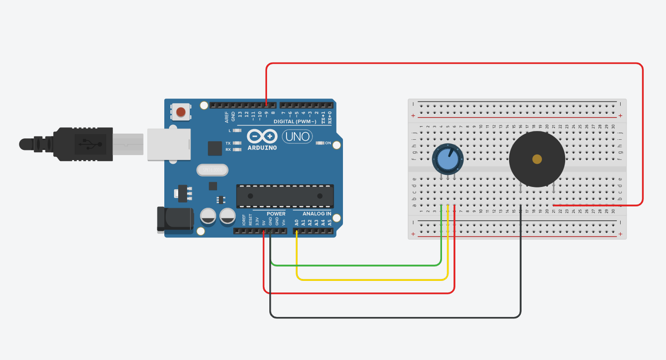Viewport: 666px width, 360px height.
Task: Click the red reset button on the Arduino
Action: (181, 112)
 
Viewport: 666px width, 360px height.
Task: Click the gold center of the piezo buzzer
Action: (537, 159)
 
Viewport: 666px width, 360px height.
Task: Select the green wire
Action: (352, 266)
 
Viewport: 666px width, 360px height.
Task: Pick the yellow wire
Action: (370, 279)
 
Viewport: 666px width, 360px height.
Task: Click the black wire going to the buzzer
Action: (393, 317)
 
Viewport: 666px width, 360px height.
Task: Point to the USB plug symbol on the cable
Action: (90, 143)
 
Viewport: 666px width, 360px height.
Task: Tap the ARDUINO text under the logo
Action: (262, 148)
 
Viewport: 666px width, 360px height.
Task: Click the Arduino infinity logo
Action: (262, 137)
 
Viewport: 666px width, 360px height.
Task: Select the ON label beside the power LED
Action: (328, 143)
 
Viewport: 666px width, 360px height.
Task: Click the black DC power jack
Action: (175, 219)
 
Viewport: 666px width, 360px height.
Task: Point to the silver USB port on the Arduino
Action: (169, 144)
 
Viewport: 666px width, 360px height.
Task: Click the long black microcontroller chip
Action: (285, 196)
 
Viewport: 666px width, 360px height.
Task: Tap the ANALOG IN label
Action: (317, 214)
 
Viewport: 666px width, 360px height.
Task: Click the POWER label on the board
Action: (276, 214)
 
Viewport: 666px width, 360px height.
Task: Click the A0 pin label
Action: (297, 223)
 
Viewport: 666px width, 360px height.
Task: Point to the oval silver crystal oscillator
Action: (212, 170)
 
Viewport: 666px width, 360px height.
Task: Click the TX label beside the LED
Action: (228, 143)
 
